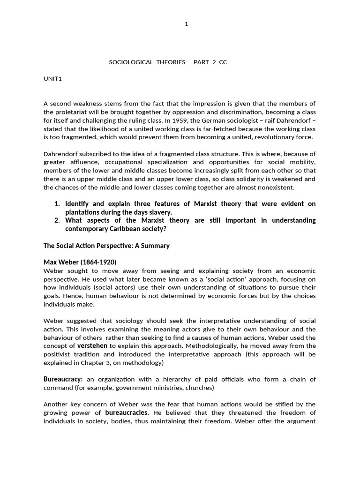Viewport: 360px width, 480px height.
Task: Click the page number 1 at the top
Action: [x=186, y=24]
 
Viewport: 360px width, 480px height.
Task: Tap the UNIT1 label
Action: [x=52, y=79]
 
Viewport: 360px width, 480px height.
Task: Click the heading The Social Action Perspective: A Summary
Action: [x=106, y=246]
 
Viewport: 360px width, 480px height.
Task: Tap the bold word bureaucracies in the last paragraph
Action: [x=127, y=412]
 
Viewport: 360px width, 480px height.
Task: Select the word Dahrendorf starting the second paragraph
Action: [x=63, y=153]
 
